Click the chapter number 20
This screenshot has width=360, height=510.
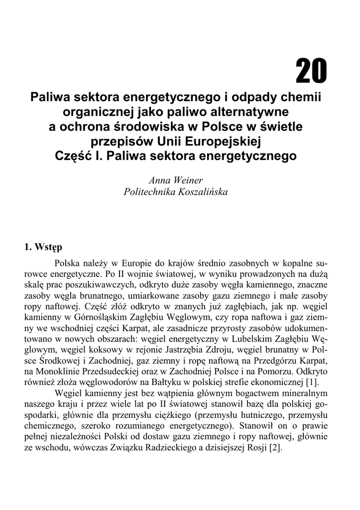coord(311,72)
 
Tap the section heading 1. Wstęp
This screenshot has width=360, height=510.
coord(43,247)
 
